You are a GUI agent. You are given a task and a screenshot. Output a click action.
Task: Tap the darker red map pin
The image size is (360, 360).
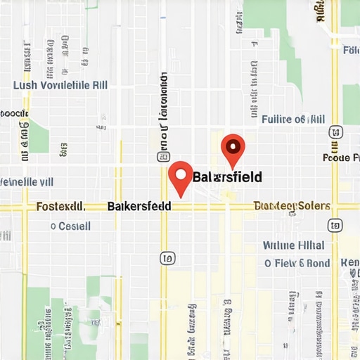[232, 149]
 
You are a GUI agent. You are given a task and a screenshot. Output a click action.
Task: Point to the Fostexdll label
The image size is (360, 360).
[60, 207]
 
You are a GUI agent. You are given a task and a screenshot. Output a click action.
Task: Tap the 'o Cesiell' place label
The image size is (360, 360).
[70, 226]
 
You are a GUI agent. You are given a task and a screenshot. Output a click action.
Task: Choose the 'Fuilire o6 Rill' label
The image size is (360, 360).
[292, 120]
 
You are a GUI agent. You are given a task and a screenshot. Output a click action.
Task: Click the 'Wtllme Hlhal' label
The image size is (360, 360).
[293, 245]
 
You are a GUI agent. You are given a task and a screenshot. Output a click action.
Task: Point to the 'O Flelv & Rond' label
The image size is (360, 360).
[297, 264]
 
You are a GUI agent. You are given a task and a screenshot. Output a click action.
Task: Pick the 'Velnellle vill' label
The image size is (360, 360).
[27, 181]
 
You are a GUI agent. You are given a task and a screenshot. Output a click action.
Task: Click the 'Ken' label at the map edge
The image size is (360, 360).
[349, 263]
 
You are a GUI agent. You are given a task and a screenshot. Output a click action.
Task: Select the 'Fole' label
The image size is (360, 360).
[350, 51]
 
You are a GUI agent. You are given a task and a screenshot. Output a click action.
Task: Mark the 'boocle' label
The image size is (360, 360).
[13, 112]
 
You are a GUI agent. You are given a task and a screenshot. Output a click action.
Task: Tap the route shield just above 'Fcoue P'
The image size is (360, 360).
[335, 132]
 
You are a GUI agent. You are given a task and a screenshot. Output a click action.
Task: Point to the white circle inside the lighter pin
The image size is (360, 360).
[181, 172]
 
